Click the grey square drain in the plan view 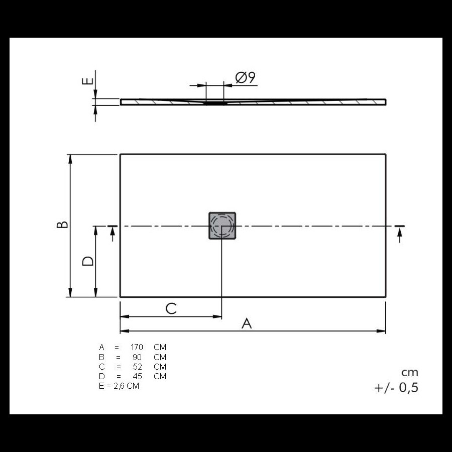click(222, 225)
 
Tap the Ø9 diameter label click(245, 77)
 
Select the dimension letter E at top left click(87, 81)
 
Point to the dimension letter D click(88, 261)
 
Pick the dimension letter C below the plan click(171, 309)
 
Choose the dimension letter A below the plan click(247, 323)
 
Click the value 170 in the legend click(137, 347)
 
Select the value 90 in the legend click(137, 357)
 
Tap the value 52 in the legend click(138, 367)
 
